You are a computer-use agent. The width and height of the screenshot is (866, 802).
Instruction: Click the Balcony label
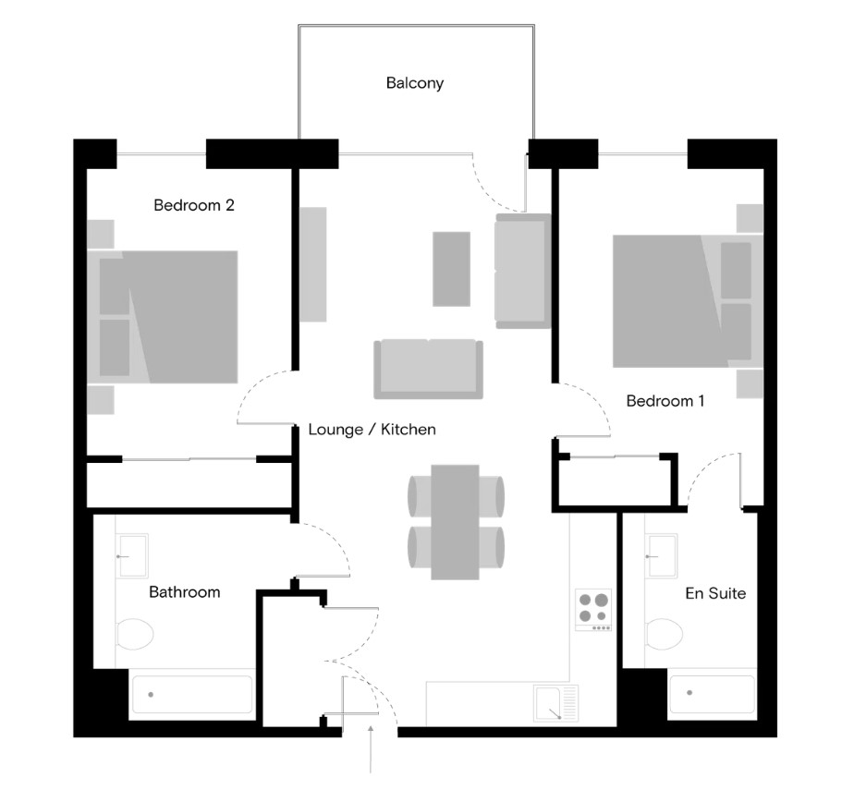(x=415, y=83)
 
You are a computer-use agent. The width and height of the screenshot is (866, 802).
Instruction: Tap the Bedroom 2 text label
(x=194, y=205)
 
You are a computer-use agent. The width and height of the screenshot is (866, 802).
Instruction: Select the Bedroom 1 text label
(x=665, y=401)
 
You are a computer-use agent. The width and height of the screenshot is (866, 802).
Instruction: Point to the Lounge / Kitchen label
(x=372, y=430)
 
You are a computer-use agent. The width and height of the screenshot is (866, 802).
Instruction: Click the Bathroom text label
(x=185, y=592)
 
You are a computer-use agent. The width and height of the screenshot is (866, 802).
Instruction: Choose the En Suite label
(x=715, y=593)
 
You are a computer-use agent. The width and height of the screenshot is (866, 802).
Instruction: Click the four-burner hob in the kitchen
(x=593, y=610)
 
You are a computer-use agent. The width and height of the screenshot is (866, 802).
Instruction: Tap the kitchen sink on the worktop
(x=556, y=703)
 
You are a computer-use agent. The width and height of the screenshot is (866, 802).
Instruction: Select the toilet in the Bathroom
(x=135, y=634)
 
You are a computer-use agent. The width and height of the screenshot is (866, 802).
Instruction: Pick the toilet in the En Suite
(x=664, y=634)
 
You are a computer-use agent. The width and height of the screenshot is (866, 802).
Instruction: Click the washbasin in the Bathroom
(x=132, y=556)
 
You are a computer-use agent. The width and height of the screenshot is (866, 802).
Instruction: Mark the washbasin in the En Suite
(x=662, y=556)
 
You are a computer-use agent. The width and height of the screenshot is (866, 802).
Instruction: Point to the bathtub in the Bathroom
(x=191, y=695)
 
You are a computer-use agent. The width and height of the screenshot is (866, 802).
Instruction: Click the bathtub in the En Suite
(x=713, y=693)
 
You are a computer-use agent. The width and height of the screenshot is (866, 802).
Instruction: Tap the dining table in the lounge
(x=455, y=522)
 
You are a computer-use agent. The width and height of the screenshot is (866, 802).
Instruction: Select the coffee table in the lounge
(x=451, y=269)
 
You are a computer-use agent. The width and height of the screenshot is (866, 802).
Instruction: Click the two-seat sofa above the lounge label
(x=429, y=369)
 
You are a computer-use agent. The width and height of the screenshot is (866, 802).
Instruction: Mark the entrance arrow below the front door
(x=371, y=749)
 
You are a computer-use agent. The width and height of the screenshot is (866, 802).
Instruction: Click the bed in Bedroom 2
(x=163, y=317)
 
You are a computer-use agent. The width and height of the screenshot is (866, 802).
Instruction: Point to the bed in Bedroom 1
(x=688, y=301)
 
